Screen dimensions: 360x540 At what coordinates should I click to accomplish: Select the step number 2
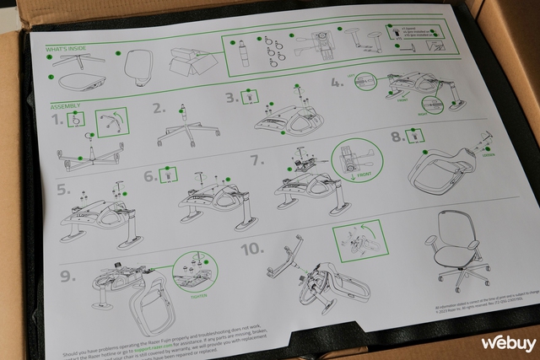coord(158,109)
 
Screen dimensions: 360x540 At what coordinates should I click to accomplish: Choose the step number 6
coord(148,177)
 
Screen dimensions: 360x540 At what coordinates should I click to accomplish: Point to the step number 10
coord(251,250)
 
